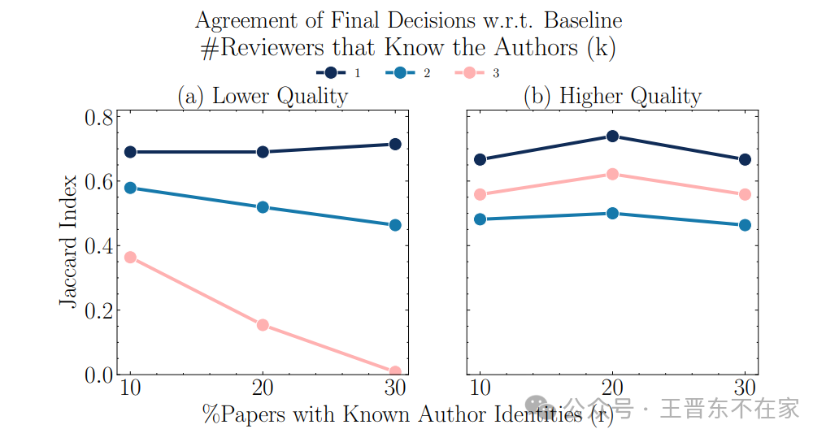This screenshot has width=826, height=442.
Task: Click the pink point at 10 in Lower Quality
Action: (130, 258)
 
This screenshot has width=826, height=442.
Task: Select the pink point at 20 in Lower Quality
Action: (263, 325)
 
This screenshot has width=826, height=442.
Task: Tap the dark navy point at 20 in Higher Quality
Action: (612, 136)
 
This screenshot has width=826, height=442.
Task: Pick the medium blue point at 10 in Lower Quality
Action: (130, 188)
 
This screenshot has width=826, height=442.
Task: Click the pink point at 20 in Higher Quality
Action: (612, 174)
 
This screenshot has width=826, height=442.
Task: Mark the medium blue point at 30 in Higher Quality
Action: (745, 225)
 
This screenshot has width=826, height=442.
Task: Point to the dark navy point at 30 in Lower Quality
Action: (395, 145)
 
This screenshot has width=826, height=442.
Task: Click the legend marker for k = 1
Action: (332, 73)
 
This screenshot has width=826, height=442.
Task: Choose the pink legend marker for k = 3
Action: (469, 73)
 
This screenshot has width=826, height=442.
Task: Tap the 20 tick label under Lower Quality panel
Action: (263, 387)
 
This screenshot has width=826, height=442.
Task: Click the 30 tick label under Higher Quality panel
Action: (745, 387)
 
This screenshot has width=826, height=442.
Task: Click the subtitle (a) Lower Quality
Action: (263, 96)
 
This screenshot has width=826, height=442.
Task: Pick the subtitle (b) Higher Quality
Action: (612, 96)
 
